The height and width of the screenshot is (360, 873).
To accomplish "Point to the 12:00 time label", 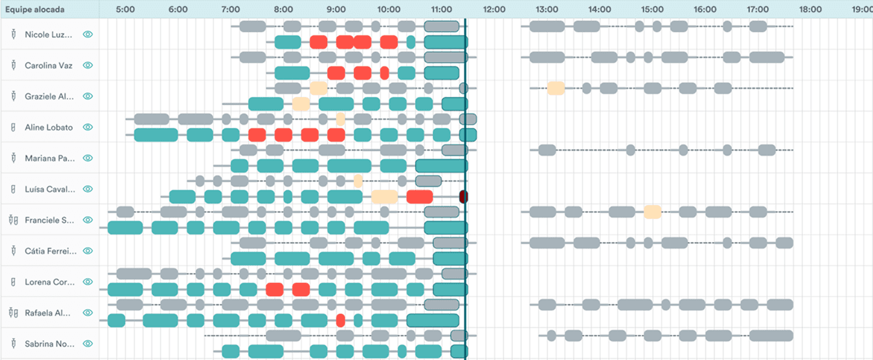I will point(494,10).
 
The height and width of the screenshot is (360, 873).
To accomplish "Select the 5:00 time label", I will point(125,10).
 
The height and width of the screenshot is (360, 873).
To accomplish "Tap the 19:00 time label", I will point(862,10).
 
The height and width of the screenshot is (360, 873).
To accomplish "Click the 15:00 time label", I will point(653,10).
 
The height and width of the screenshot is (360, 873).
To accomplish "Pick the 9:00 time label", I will point(336,10).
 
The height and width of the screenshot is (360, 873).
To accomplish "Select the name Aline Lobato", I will point(49,127).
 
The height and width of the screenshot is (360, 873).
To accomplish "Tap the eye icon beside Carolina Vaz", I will point(88,65).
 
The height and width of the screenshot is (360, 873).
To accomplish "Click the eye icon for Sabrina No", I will point(88,344).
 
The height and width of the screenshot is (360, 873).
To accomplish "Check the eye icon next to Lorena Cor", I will point(88,282).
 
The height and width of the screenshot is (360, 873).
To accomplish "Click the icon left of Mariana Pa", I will point(13,158).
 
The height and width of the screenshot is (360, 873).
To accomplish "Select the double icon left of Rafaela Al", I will point(13,313).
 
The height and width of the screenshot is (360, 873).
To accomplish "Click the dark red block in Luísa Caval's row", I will point(463,197).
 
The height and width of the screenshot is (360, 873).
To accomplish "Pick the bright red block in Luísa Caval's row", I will point(420,197).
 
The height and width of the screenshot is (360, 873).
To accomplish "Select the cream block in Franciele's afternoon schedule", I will point(653,212).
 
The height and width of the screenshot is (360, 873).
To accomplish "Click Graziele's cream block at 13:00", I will point(555,88).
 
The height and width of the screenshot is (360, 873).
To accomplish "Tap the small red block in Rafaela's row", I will point(341,321).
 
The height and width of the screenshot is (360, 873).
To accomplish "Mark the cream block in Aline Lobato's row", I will point(341,119).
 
